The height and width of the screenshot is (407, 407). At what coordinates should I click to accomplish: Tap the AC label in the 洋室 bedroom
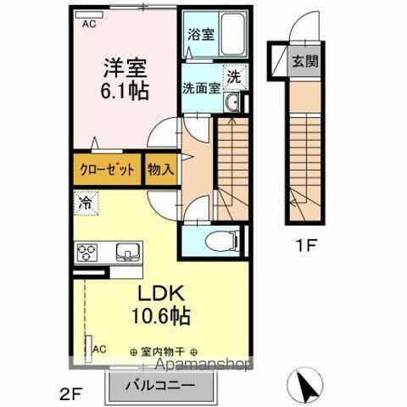point(89,25)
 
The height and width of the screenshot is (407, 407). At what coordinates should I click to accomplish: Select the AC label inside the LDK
point(98,348)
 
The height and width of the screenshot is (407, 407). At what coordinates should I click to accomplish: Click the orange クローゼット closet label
point(108,169)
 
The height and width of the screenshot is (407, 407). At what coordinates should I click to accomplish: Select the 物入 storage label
point(161,169)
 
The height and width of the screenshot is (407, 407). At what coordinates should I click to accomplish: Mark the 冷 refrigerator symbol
point(86,203)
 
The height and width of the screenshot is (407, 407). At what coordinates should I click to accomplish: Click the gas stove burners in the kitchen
point(88,251)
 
